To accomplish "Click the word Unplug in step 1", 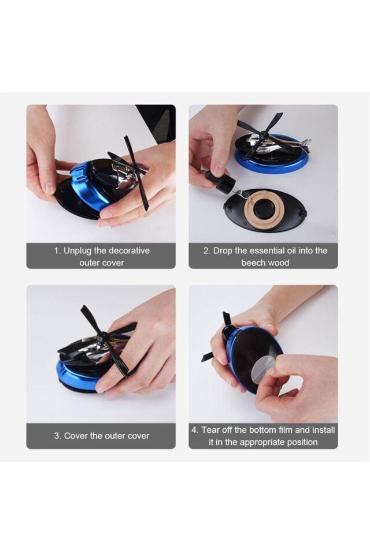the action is point(77,251).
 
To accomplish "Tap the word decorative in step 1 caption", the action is point(129,251).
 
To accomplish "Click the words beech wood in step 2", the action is point(265,263).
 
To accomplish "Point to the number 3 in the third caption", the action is point(57,436).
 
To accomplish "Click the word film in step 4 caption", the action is point(285,430).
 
